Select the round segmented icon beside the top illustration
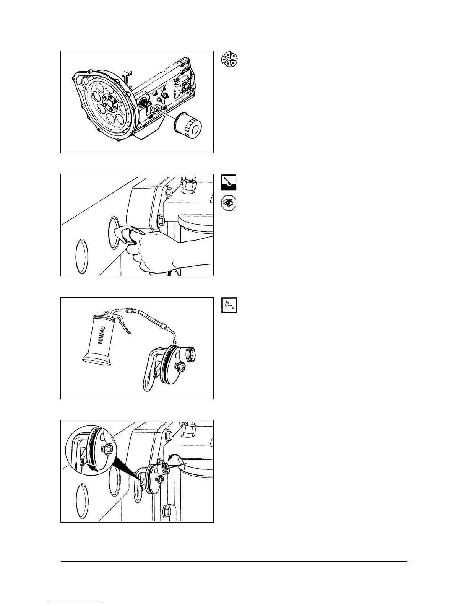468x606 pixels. pyautogui.click(x=229, y=60)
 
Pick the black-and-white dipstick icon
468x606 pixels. pyautogui.click(x=229, y=182)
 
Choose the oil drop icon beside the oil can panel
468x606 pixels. pyautogui.click(x=229, y=305)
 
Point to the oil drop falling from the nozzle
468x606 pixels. pyautogui.click(x=175, y=340)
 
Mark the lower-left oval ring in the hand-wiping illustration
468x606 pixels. pyautogui.click(x=83, y=256)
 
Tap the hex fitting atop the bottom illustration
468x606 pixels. pyautogui.click(x=189, y=430)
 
